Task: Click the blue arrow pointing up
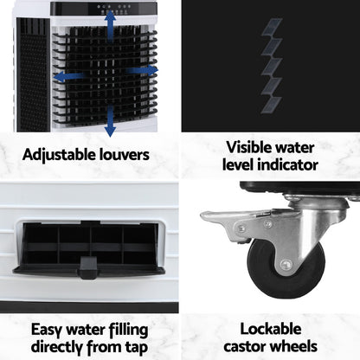(108, 22)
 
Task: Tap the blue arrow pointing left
(70, 76)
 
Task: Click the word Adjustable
(58, 156)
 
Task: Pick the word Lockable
(270, 329)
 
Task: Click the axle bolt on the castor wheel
(286, 265)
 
